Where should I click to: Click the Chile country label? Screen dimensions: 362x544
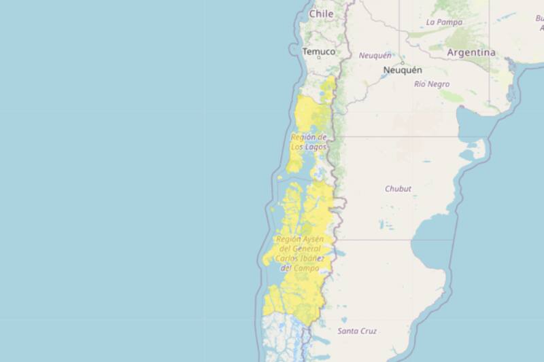pos(321,14)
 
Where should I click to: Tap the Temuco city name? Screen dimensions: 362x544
pos(318,52)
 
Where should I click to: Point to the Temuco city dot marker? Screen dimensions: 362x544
pos(319,58)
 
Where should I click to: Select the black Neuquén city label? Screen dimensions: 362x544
pos(403,70)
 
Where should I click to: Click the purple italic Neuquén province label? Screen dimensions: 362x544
pos(375,56)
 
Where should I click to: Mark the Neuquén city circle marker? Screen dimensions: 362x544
pos(403,62)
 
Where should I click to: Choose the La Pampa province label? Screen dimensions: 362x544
pos(444,22)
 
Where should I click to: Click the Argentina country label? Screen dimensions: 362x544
pos(471,52)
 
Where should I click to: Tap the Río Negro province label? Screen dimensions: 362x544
pos(432,84)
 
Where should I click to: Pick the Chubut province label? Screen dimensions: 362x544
pos(398,189)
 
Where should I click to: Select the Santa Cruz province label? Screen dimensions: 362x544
pos(357,331)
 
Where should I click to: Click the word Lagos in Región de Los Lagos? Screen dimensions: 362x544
pos(315,147)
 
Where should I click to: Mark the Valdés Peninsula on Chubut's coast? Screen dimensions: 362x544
pos(479,146)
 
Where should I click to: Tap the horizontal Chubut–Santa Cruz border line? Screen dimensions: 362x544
pos(388,240)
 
